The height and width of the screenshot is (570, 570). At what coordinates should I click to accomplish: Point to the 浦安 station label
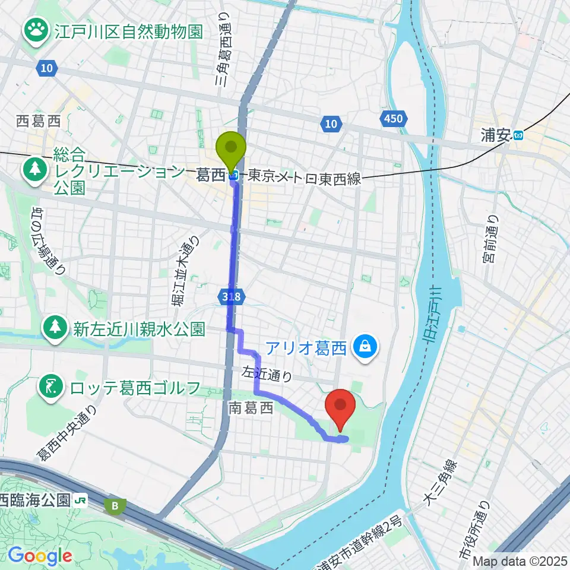coord(496,135)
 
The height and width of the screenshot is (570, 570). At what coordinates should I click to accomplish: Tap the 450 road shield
coord(392,119)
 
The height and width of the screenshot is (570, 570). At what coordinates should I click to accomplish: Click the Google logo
coord(39,556)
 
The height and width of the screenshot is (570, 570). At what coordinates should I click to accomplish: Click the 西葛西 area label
coord(39,122)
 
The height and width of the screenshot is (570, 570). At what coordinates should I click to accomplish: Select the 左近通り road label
coord(267,374)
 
